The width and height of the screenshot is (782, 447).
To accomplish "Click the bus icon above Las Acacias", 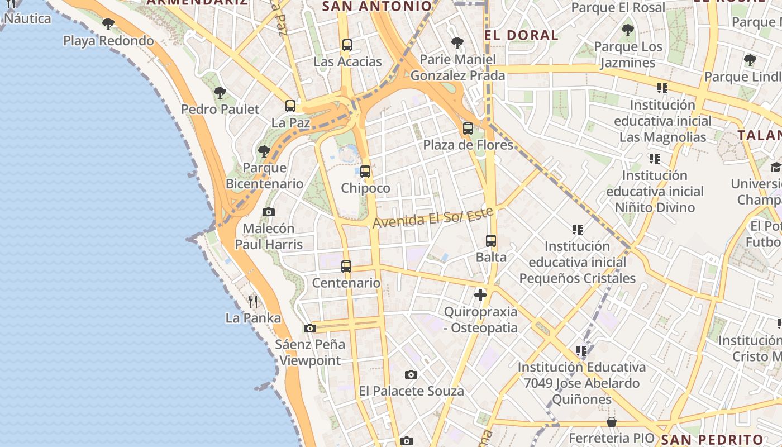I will click(x=347, y=45).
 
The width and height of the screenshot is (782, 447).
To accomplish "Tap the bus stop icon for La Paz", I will click(x=290, y=106).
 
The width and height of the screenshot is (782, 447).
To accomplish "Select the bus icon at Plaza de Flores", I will click(x=468, y=129).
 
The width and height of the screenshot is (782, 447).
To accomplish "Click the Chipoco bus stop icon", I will click(x=365, y=172).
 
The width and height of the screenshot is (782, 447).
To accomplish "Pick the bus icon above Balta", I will click(x=491, y=241).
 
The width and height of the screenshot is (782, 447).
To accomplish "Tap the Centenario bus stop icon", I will click(x=346, y=267).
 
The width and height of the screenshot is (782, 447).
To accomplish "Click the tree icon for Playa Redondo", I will click(x=108, y=24).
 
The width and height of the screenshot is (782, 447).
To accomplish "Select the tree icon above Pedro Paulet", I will click(x=220, y=92).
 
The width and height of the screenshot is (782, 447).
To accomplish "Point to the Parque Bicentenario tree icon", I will click(x=264, y=151).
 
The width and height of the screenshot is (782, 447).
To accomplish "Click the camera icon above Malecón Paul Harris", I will click(x=269, y=212).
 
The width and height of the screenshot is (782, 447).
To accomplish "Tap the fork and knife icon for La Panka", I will click(x=253, y=302).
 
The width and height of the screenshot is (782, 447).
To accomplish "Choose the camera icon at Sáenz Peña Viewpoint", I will click(x=310, y=328).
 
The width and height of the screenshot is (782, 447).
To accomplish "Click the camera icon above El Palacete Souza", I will click(x=411, y=374).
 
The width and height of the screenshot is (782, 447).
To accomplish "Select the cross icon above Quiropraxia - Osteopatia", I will click(x=480, y=295).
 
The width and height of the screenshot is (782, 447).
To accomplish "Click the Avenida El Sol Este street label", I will click(x=433, y=217).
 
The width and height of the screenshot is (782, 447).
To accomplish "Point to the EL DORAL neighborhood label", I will click(x=521, y=35).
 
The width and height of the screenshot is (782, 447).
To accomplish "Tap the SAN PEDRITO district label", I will click(x=712, y=440).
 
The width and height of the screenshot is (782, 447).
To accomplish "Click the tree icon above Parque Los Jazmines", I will click(x=628, y=30).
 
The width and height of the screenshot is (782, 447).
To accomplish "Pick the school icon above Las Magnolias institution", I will click(x=662, y=88).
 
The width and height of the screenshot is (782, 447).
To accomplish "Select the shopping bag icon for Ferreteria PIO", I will click(x=612, y=422).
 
